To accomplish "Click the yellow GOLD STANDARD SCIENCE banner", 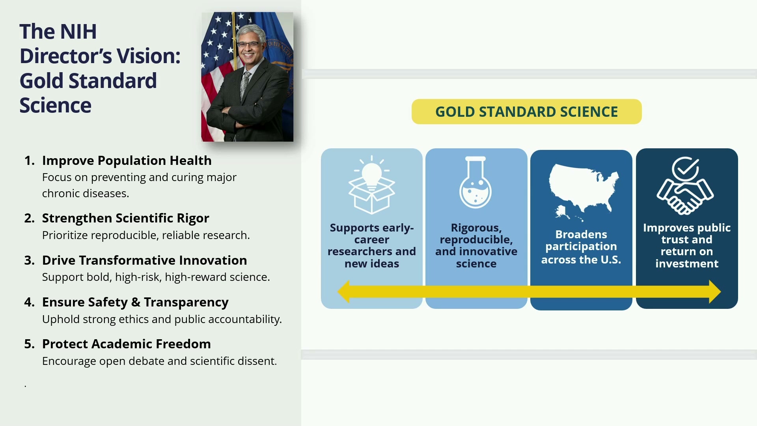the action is click(x=526, y=112).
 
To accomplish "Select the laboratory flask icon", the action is click(x=475, y=182).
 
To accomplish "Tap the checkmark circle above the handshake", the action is click(x=685, y=168).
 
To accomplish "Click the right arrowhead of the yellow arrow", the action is click(x=715, y=291).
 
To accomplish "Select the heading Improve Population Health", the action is click(x=127, y=161).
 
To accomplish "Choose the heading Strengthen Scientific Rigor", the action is click(x=125, y=218).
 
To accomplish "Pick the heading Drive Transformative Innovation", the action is click(x=145, y=260).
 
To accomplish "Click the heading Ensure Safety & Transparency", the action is click(x=135, y=302).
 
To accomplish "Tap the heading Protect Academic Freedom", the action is click(x=127, y=344).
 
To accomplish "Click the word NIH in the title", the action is click(x=78, y=32).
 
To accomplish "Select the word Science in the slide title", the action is click(x=56, y=105).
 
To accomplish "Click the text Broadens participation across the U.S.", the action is click(x=581, y=247).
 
